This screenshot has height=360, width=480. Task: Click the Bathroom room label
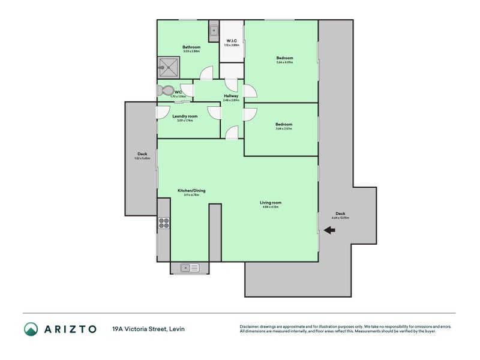click(191, 47)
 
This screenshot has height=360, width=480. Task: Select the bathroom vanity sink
click(214, 29)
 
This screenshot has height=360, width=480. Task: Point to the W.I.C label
click(232, 41)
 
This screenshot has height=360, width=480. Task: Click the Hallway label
click(231, 96)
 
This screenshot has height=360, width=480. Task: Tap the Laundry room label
click(185, 116)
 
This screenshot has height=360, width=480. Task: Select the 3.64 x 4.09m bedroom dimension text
click(284, 62)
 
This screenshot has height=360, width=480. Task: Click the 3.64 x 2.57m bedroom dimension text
click(284, 129)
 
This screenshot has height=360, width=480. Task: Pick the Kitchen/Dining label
click(191, 190)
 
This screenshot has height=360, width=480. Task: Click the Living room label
click(271, 202)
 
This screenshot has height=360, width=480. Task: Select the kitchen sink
click(190, 268)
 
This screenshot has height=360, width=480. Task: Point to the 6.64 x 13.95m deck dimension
click(340, 218)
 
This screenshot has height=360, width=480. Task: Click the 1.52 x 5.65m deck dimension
click(142, 158)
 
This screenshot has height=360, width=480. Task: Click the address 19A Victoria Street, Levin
click(148, 329)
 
